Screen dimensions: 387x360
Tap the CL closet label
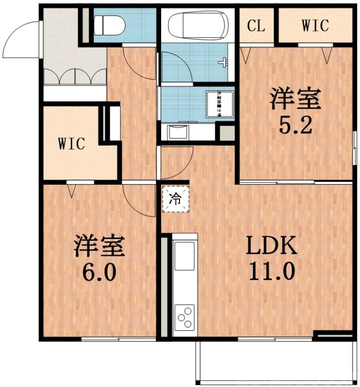[256, 26]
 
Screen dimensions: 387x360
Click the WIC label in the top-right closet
[315, 26]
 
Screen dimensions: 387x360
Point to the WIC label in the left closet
[72, 144]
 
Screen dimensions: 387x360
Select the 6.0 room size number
[99, 271]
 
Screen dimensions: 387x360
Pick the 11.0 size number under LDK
[271, 271]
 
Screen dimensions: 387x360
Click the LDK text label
[271, 247]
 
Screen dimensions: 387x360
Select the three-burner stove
[184, 317]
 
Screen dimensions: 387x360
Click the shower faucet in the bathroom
[223, 62]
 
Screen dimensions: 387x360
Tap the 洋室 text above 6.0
[99, 246]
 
